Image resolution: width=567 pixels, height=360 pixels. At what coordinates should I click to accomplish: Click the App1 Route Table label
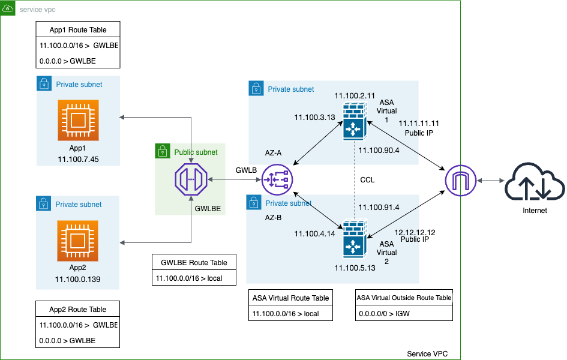[78, 29]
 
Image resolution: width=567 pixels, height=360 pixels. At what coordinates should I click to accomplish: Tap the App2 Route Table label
[78, 310]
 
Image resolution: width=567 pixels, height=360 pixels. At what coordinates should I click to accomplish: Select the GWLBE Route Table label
[194, 262]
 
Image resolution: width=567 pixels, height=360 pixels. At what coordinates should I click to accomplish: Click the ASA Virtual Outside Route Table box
[404, 297]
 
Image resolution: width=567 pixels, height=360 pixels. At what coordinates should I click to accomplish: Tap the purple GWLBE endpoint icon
[191, 180]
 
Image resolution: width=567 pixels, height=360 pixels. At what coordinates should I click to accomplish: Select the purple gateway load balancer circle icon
[277, 180]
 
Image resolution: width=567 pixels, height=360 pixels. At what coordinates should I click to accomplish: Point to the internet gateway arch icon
[461, 180]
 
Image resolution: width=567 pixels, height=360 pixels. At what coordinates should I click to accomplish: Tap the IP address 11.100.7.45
[78, 159]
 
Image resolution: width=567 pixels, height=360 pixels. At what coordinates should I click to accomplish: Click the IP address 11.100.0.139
[78, 280]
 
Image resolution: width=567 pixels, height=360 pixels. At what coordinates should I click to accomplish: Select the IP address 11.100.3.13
[314, 117]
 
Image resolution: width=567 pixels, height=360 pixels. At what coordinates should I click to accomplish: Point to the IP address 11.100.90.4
[379, 150]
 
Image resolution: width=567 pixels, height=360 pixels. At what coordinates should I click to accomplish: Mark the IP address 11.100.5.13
[355, 268]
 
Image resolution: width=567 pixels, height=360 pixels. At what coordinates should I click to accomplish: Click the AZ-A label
[273, 153]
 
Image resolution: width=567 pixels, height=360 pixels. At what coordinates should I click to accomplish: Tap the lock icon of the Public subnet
[163, 152]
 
